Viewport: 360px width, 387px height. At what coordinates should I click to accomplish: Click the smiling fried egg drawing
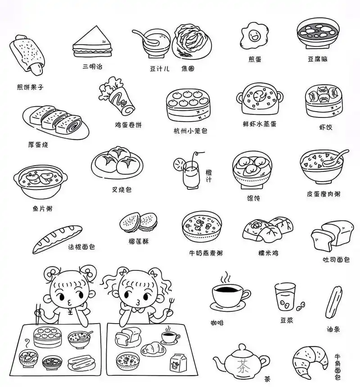tap(252, 36)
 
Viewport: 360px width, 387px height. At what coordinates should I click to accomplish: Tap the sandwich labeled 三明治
tap(93, 41)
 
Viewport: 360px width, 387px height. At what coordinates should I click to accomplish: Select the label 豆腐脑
tap(317, 59)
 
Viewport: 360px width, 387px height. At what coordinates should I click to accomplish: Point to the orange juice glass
tap(191, 175)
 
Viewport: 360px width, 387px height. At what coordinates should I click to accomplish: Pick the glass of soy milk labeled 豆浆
tap(285, 297)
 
